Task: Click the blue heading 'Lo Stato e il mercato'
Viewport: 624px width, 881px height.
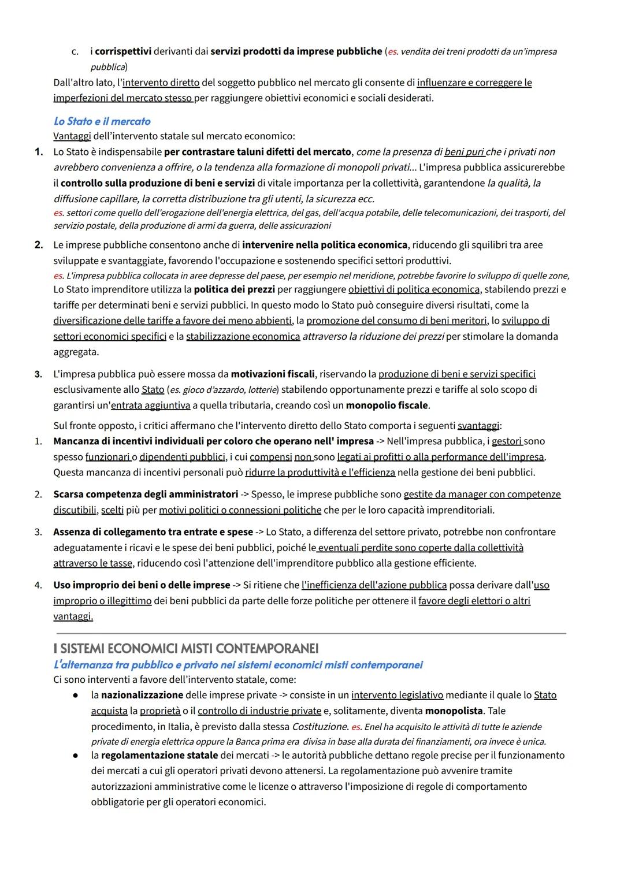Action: pyautogui.click(x=102, y=121)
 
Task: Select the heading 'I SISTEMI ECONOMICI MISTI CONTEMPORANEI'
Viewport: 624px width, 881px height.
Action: pyautogui.click(x=185, y=648)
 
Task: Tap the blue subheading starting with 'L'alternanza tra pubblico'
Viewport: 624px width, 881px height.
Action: pyautogui.click(x=237, y=665)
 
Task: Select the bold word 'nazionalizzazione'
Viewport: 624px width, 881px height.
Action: pyautogui.click(x=142, y=696)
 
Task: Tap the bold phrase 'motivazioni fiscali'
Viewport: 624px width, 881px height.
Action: pyautogui.click(x=273, y=374)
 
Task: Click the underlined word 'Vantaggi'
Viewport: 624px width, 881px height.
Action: pyautogui.click(x=72, y=136)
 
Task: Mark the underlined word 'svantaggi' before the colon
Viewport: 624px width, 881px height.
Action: pyautogui.click(x=478, y=426)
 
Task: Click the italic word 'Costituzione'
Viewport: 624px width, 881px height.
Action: pyautogui.click(x=320, y=727)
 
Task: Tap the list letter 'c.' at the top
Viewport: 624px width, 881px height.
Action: pyautogui.click(x=75, y=52)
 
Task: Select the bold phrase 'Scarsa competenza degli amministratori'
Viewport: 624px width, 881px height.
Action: pyautogui.click(x=146, y=495)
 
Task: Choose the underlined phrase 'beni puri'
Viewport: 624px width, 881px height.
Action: pyautogui.click(x=464, y=153)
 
